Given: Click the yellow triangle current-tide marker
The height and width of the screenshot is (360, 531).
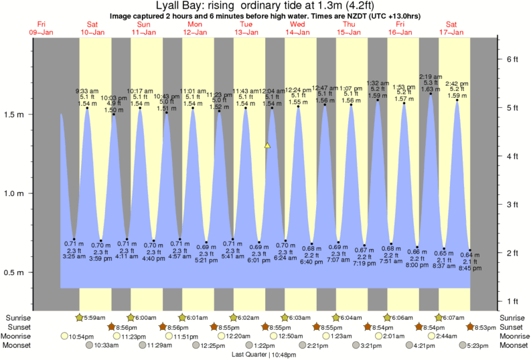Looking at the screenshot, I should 267,145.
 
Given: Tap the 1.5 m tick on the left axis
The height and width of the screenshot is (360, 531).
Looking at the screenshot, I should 31,114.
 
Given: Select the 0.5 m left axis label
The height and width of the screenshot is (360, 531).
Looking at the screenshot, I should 15,273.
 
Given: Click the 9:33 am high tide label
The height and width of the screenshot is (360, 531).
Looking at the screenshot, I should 87,90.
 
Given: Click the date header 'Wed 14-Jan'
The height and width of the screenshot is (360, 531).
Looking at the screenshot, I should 297,28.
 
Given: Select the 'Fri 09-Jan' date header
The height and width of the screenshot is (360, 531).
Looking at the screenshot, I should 42,28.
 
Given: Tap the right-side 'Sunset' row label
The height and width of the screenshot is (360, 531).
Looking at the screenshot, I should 512,327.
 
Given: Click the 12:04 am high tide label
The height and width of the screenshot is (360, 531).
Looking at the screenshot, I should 272,90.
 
